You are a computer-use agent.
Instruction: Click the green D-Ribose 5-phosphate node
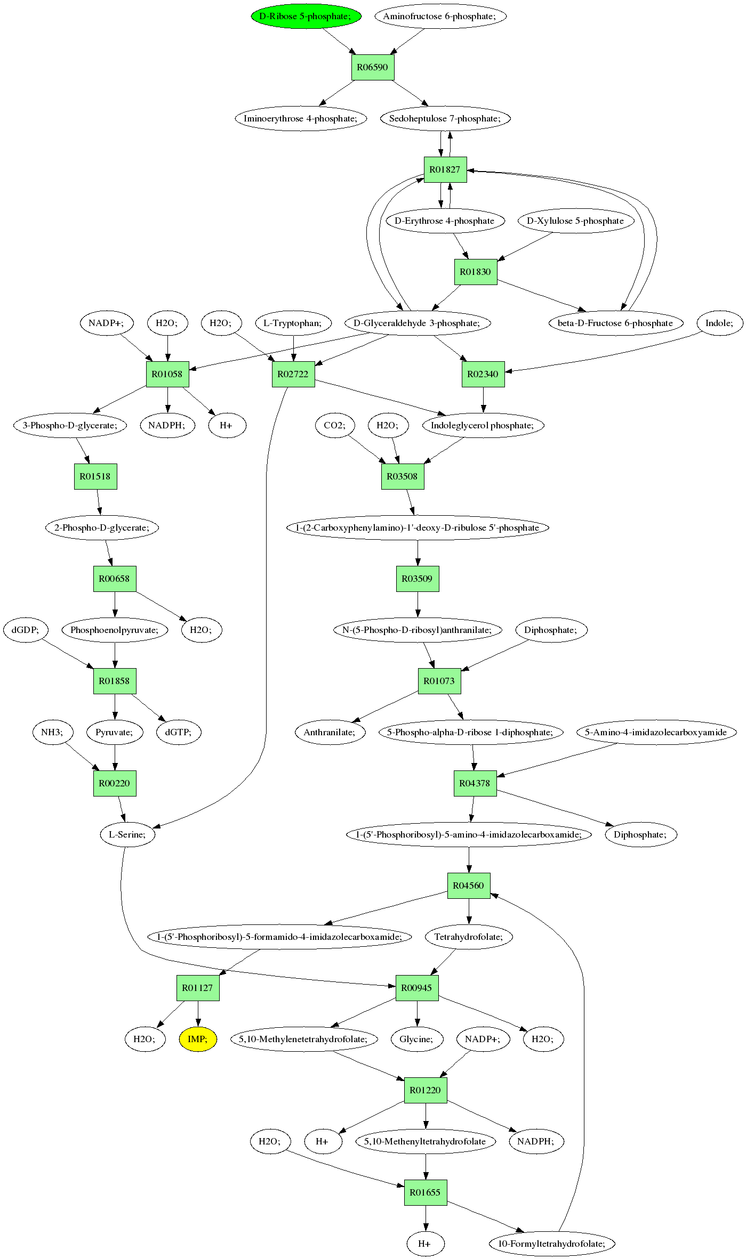click(x=306, y=16)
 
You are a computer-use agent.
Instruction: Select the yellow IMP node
click(x=198, y=1039)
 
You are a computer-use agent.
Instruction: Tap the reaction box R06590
click(x=373, y=67)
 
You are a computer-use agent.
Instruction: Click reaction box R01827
click(x=445, y=169)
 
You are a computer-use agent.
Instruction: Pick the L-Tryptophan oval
click(x=293, y=323)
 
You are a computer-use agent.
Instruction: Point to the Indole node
click(x=720, y=323)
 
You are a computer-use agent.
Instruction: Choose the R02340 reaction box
click(x=483, y=374)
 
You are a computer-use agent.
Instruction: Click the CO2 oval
click(x=335, y=425)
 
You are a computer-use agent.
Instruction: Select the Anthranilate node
click(x=330, y=732)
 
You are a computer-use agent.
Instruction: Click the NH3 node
click(x=52, y=732)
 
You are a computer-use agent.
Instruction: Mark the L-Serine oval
click(x=127, y=834)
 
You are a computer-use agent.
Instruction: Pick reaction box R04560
click(x=469, y=886)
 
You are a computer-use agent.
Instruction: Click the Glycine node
click(x=417, y=1039)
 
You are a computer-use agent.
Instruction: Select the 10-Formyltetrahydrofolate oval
click(x=552, y=1244)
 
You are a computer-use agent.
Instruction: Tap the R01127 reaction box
click(x=198, y=988)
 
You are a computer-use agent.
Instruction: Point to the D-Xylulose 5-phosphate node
click(x=576, y=221)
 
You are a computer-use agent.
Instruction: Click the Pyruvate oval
click(x=115, y=732)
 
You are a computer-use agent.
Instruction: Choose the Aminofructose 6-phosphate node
click(x=440, y=16)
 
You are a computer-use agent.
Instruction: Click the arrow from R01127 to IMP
click(x=198, y=1013)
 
